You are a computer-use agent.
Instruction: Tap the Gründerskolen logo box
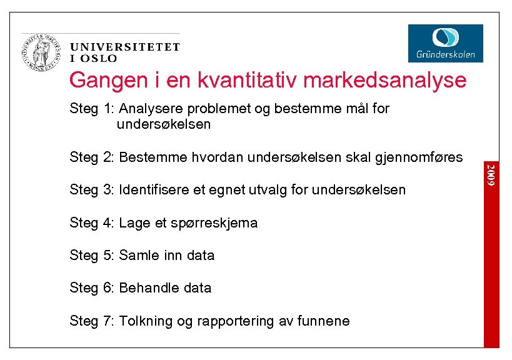pos(445,43)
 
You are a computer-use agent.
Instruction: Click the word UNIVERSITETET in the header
pos(125,47)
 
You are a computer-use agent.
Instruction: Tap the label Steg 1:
pos(91,109)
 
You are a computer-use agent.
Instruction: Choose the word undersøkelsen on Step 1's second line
pos(163,124)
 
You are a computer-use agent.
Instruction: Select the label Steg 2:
pos(91,156)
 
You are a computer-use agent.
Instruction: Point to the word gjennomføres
pos(418,157)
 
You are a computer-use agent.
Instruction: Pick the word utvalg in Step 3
pos(273,189)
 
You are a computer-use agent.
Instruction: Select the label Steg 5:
pos(91,255)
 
